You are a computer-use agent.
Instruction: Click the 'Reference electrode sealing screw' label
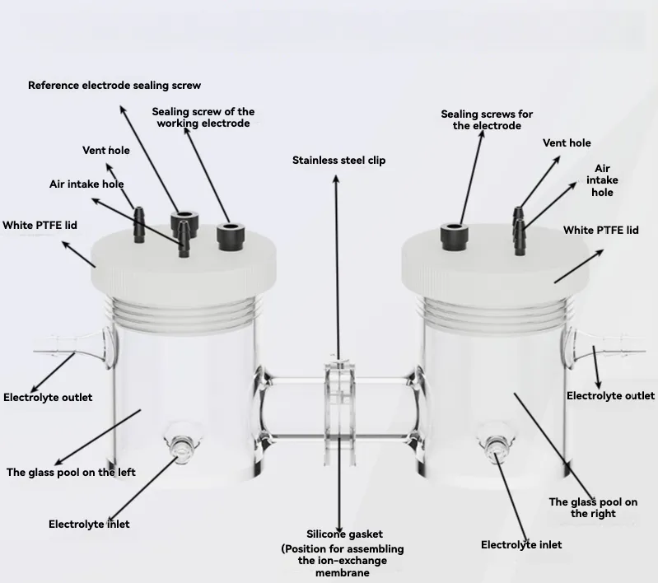114,85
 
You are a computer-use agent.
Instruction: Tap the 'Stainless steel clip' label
338,161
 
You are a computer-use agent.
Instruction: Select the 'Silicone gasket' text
344,534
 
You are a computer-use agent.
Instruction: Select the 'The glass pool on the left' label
71,473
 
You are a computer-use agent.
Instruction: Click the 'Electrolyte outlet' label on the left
48,398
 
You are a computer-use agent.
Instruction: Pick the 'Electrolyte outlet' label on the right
610,396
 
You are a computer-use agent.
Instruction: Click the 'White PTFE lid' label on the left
40,226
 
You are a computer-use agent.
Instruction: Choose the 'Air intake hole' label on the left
86,184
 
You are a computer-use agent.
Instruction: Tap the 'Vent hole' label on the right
567,143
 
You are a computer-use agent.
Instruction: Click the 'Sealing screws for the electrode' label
487,120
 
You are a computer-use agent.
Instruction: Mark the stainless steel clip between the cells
339,411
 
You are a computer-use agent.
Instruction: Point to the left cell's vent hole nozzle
138,225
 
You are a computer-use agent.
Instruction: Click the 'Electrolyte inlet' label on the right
521,545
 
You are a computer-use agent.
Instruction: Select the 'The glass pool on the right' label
593,508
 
